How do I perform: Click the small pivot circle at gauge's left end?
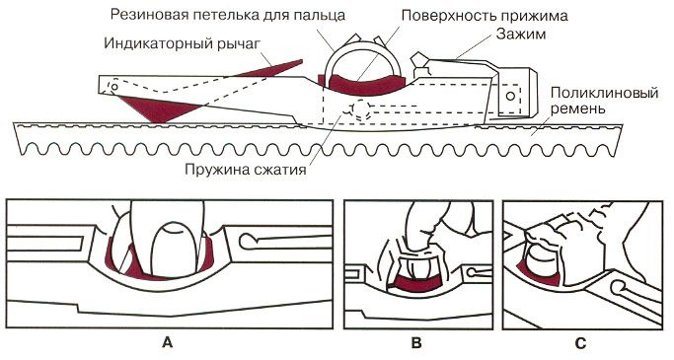116,87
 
